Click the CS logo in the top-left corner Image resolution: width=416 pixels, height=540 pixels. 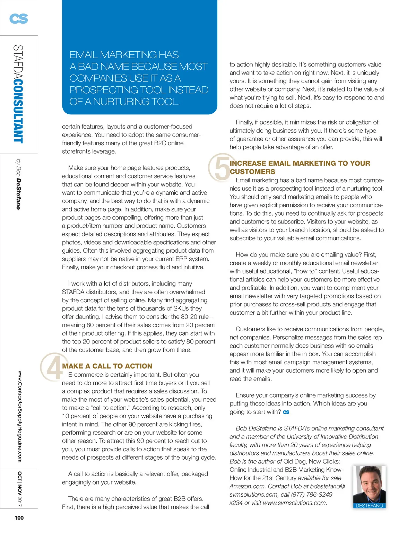[19, 18]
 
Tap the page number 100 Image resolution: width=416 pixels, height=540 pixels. [19, 518]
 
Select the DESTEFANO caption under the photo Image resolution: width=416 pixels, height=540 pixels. [369, 506]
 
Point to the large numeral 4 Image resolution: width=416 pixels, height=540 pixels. [52, 367]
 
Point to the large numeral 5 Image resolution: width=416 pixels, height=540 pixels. [220, 167]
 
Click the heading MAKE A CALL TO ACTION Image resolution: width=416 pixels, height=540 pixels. [107, 366]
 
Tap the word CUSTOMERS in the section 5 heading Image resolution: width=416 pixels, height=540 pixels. [252, 172]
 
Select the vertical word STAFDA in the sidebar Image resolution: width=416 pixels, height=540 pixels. [18, 62]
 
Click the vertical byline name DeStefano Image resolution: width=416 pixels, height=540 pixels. [18, 194]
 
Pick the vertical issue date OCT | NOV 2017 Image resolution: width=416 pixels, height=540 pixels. [20, 489]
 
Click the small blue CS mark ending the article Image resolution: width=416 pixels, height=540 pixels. [286, 412]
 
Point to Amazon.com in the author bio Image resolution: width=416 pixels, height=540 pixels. [247, 486]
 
